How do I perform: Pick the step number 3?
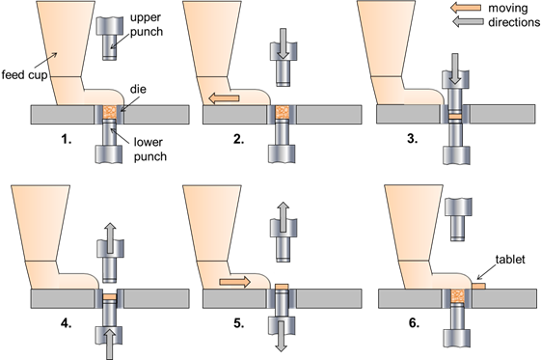412,138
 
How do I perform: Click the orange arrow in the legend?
468,7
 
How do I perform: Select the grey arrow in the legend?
468,20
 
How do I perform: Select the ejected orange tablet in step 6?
476,286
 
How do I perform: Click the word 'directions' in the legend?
510,20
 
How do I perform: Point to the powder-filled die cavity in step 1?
108,114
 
